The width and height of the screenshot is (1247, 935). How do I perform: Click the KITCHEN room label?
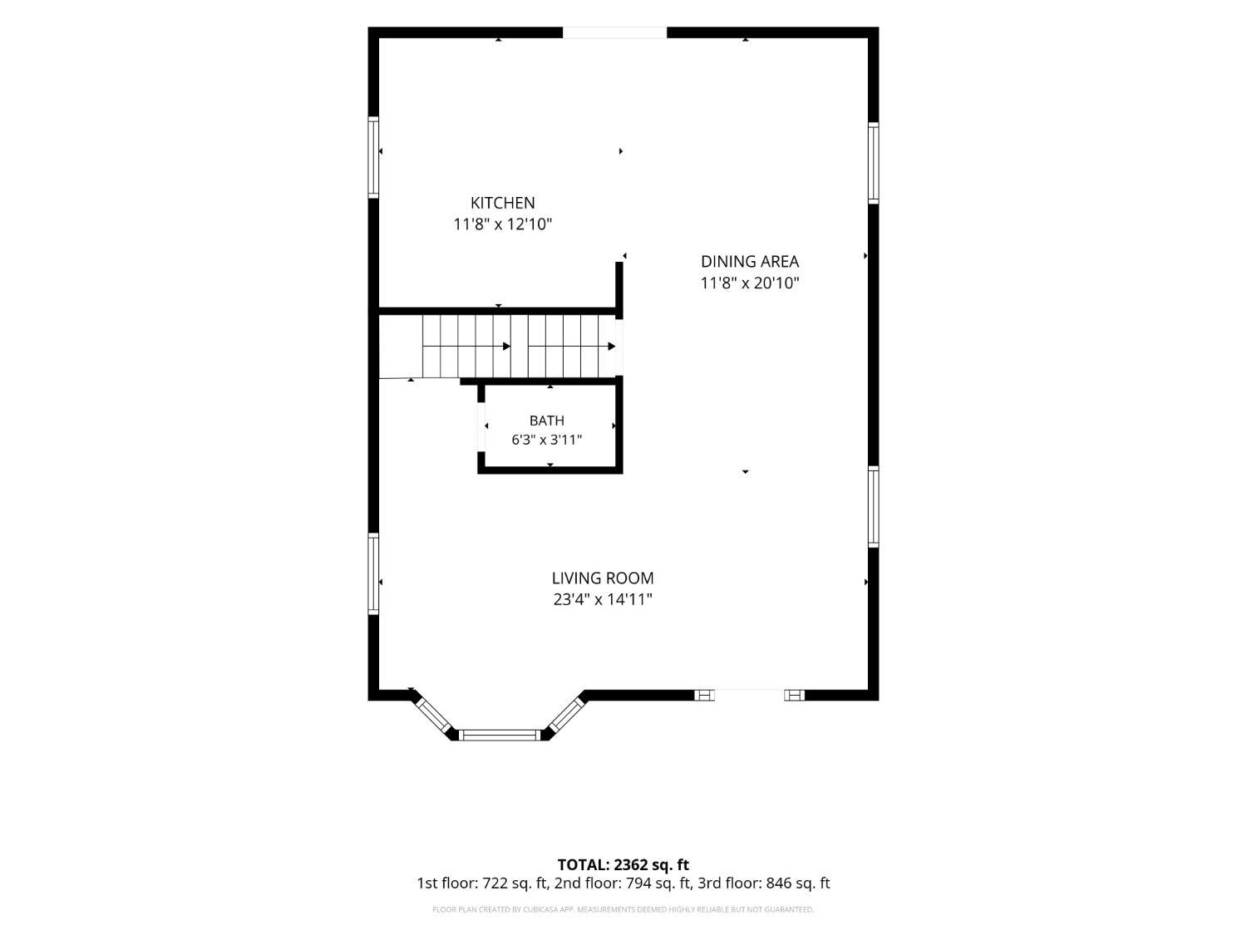click(502, 203)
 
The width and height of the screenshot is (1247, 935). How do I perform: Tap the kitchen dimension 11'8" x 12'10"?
click(502, 224)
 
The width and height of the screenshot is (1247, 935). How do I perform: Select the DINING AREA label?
click(749, 261)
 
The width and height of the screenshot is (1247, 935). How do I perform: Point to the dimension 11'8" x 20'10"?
click(749, 283)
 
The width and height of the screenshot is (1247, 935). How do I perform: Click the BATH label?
click(546, 421)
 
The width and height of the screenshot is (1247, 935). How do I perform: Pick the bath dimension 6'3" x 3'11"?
click(546, 440)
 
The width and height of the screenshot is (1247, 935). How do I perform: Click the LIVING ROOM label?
click(602, 578)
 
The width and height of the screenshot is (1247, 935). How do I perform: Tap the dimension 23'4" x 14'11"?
click(602, 599)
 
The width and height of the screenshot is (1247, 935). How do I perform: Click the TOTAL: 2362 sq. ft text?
click(623, 864)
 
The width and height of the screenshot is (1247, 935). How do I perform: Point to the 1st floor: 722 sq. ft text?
click(483, 883)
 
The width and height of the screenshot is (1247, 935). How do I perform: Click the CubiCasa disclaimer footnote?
click(623, 909)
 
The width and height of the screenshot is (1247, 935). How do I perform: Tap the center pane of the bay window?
click(500, 736)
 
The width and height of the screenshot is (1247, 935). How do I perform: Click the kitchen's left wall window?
click(373, 157)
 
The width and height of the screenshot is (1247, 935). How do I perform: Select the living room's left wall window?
click(373, 573)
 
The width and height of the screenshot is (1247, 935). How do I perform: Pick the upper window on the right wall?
click(873, 163)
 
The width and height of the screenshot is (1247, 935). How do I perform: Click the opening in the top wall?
click(614, 32)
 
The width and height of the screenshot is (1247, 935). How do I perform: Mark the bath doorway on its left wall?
click(481, 427)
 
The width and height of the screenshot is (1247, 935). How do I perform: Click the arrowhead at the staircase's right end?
click(611, 347)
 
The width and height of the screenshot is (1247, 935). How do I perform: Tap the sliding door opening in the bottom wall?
click(749, 695)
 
